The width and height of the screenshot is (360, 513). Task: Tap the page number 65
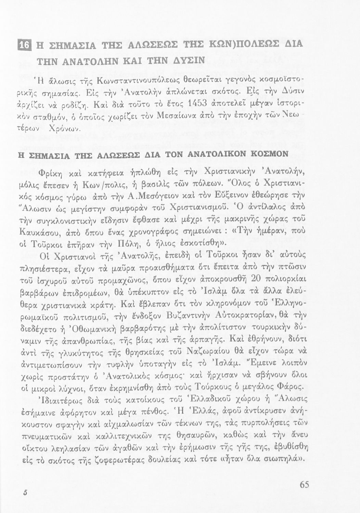click(304, 485)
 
